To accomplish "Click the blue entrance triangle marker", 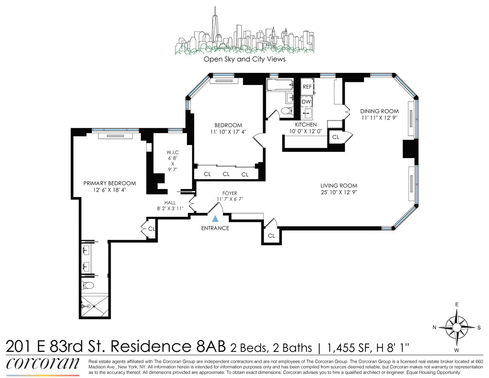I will coord(215,218).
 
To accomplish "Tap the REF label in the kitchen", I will coord(307,87).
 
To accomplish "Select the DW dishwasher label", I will coord(306,102).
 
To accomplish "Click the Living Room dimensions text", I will coord(339,192).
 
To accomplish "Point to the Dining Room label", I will coord(379,111).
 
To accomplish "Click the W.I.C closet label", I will coord(172,152).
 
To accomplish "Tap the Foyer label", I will coord(229,193).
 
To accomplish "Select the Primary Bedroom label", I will coord(109,183).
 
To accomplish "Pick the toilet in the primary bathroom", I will coord(88,285).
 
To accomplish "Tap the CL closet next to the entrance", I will coord(271,235).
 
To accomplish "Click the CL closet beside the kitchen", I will coord(336,137).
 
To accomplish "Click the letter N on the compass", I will coord(435,327).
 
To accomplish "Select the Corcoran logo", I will coord(43,364).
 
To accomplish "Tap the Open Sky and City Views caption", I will coord(244,59).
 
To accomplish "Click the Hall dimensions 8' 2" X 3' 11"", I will coord(170,208).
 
